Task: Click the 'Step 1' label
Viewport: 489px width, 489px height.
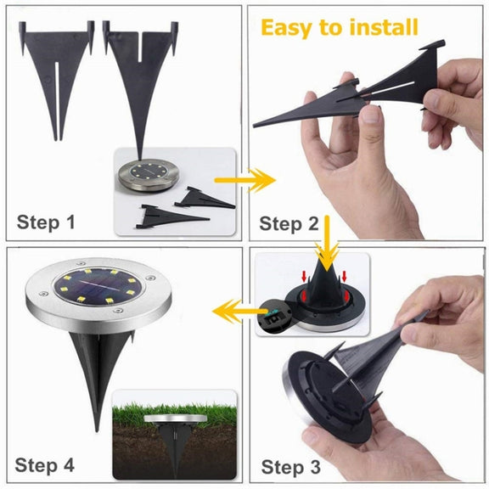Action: click(x=46, y=222)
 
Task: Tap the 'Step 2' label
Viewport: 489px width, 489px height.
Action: click(x=289, y=224)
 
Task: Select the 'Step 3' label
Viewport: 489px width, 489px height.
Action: click(x=290, y=467)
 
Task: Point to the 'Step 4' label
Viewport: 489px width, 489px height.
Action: click(x=45, y=465)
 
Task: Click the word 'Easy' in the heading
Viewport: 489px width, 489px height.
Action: click(x=287, y=28)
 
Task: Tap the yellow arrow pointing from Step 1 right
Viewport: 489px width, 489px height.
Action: click(x=245, y=180)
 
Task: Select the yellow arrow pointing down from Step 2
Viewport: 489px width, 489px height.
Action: click(x=327, y=244)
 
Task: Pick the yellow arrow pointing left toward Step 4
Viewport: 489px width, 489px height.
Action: click(x=239, y=312)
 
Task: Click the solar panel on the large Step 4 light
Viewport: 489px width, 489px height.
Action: click(x=98, y=287)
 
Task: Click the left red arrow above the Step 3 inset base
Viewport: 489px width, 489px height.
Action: click(x=304, y=276)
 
